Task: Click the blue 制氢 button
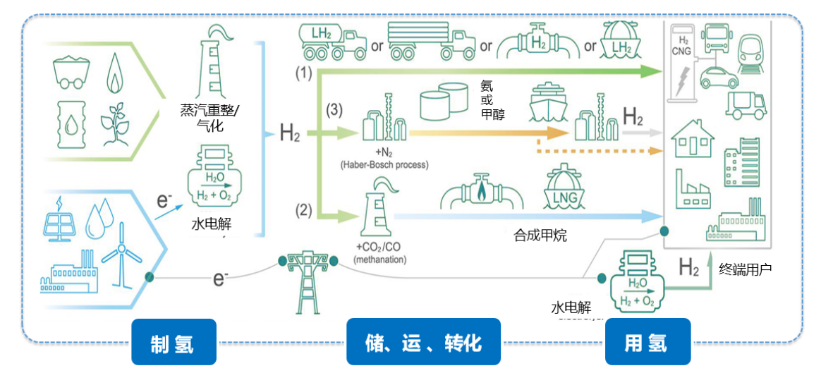coord(173,342)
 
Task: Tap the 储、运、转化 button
coord(423,342)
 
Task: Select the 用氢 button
coord(645,342)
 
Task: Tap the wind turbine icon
coord(121,250)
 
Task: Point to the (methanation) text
coord(380,259)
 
